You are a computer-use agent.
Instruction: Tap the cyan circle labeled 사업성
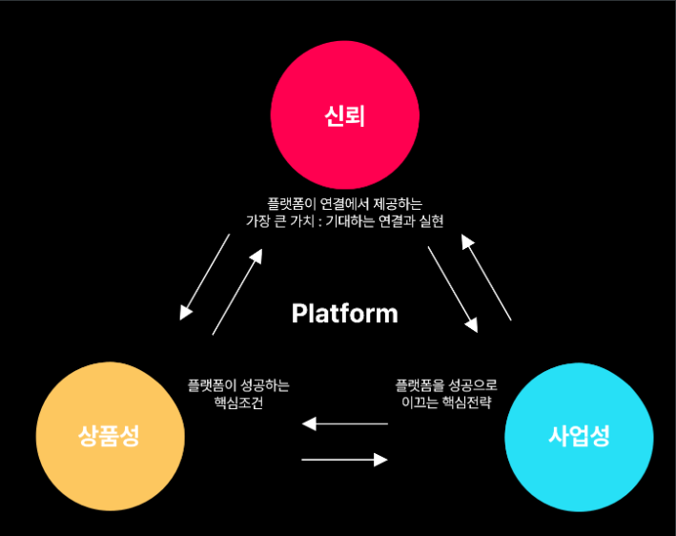(x=579, y=437)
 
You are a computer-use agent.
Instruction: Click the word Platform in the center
(x=344, y=313)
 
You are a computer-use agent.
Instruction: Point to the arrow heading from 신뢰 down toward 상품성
(x=205, y=277)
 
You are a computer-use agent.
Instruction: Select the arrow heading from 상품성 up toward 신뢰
(x=236, y=291)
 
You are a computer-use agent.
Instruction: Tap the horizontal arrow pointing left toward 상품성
(x=344, y=423)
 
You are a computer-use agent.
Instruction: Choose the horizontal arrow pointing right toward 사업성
(x=344, y=460)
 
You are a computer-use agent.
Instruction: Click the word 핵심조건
(x=238, y=403)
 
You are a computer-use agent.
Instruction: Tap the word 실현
(x=430, y=220)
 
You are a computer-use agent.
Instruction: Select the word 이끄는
(x=420, y=403)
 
